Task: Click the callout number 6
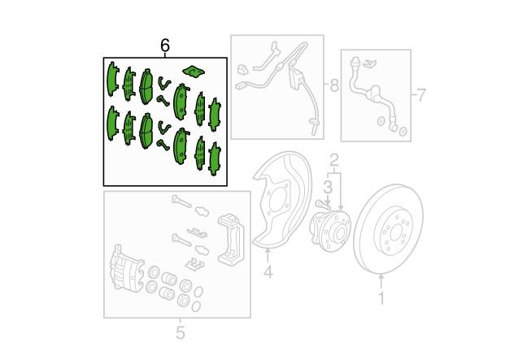pyautogui.click(x=165, y=46)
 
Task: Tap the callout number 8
pyautogui.click(x=334, y=85)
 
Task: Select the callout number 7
pyautogui.click(x=421, y=95)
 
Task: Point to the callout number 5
pyautogui.click(x=181, y=332)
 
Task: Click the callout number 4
pyautogui.click(x=268, y=271)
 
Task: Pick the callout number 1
pyautogui.click(x=381, y=298)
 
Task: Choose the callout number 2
pyautogui.click(x=333, y=161)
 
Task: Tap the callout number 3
pyautogui.click(x=328, y=187)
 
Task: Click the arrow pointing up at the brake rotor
pyautogui.click(x=381, y=282)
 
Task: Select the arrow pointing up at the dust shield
pyautogui.click(x=268, y=255)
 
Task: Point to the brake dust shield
pyautogui.click(x=281, y=200)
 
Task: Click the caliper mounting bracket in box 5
pyautogui.click(x=231, y=238)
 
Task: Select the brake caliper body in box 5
pyautogui.click(x=126, y=268)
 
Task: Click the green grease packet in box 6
pyautogui.click(x=194, y=71)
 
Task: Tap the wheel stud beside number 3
pyautogui.click(x=321, y=204)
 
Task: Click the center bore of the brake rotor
pyautogui.click(x=395, y=231)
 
